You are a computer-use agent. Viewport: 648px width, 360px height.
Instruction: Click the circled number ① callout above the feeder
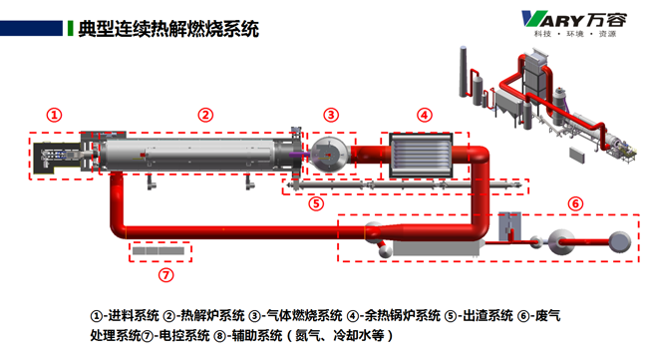(54, 115)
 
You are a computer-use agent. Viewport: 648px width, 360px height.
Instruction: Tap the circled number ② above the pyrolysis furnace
(205, 115)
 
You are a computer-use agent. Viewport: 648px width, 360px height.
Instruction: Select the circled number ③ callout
(331, 115)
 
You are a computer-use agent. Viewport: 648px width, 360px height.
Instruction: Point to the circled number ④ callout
(425, 115)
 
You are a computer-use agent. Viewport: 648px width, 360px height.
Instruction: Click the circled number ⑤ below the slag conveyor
(316, 203)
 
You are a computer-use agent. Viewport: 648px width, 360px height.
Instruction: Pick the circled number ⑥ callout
(575, 203)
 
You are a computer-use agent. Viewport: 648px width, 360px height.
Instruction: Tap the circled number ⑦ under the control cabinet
(166, 275)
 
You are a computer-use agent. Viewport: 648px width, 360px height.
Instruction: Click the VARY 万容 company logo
(574, 24)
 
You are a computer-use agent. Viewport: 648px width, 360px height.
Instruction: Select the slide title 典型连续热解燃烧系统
(168, 29)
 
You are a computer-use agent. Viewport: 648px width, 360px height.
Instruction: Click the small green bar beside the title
(70, 29)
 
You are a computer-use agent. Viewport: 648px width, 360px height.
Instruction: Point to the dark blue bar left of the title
(31, 29)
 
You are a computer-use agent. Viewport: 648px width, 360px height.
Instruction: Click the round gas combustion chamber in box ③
(329, 155)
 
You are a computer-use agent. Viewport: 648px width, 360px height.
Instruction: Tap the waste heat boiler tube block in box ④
(421, 156)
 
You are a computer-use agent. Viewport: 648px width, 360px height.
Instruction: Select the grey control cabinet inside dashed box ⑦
(159, 251)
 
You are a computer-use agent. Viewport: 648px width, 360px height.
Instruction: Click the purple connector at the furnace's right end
(299, 155)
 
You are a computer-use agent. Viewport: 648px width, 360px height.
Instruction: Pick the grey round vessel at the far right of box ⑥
(620, 241)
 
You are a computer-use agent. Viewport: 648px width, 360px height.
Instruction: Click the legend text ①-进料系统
(125, 316)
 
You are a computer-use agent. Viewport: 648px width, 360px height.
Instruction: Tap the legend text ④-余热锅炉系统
(394, 316)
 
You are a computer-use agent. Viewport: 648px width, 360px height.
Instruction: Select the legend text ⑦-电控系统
(175, 336)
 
